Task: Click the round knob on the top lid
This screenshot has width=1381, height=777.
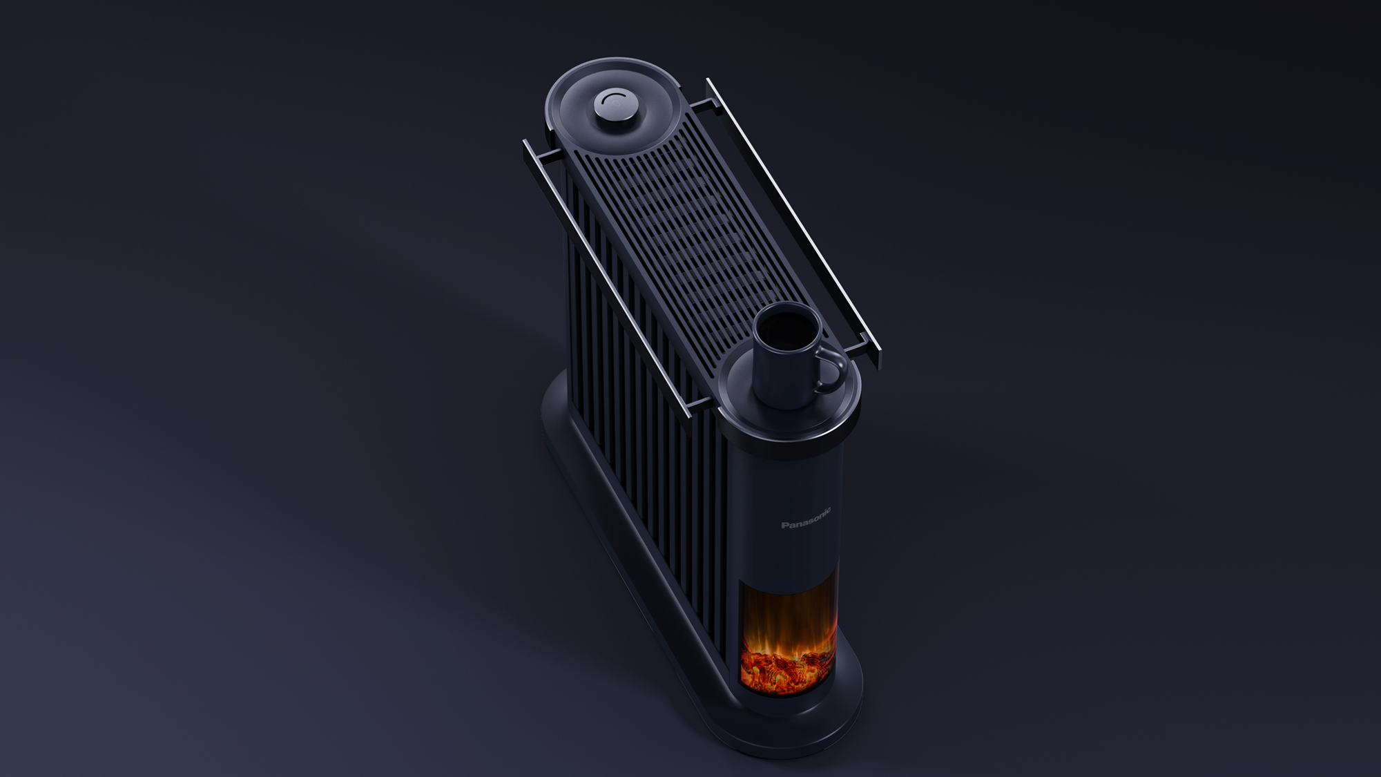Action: [611, 108]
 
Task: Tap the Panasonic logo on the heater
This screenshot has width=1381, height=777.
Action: [807, 518]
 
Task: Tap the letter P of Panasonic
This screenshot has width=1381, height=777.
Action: [784, 525]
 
